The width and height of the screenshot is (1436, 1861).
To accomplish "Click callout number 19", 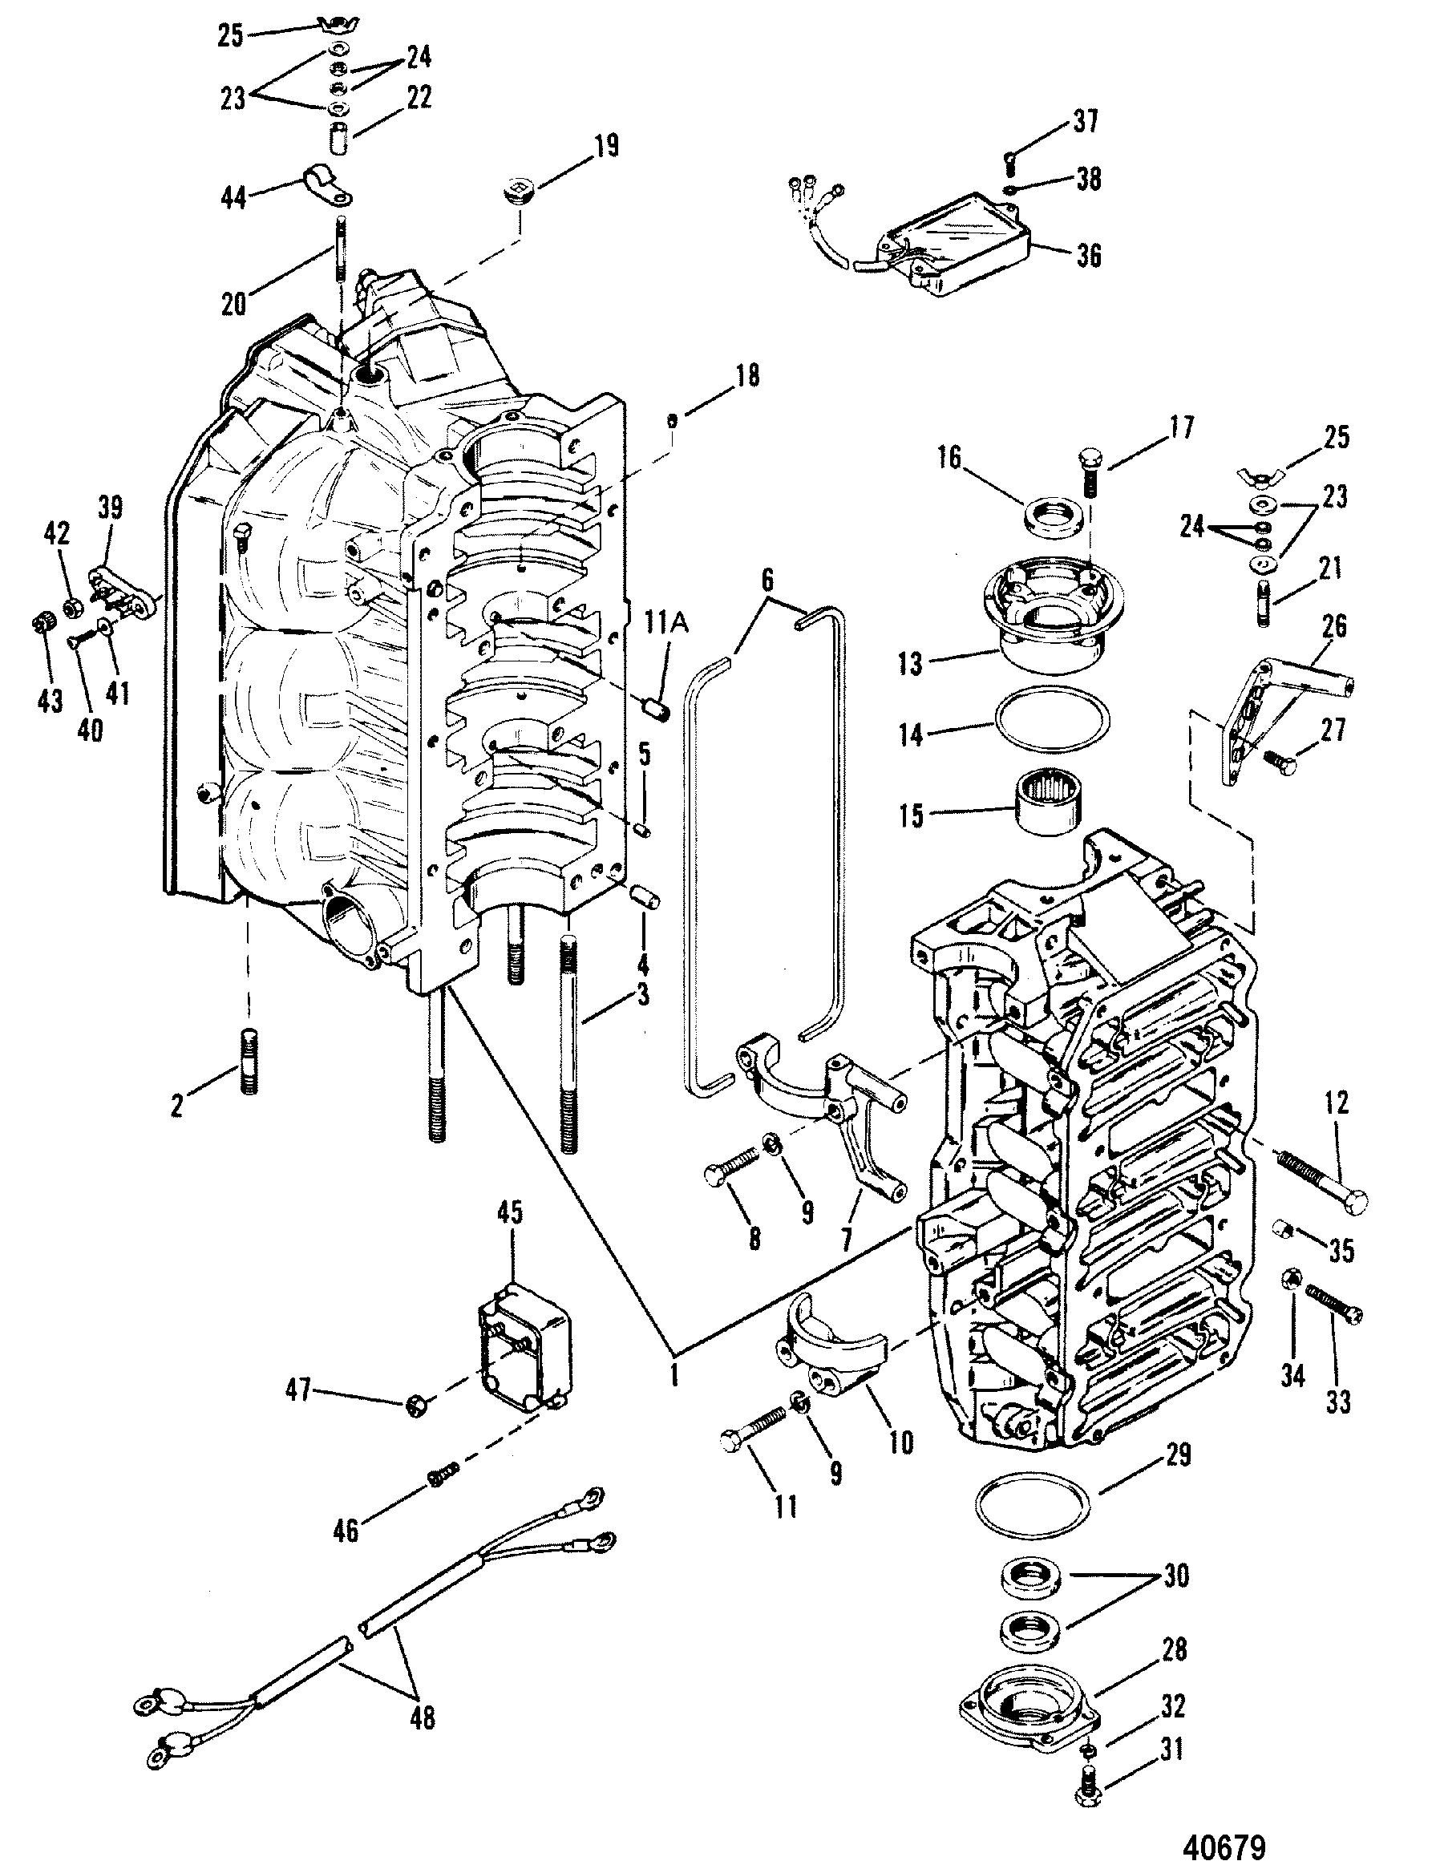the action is click(x=606, y=147).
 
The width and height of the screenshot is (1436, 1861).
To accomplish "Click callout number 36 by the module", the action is click(x=1088, y=255).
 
